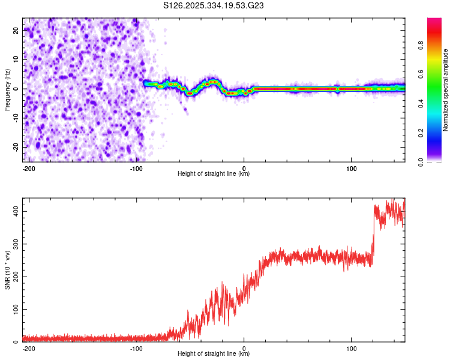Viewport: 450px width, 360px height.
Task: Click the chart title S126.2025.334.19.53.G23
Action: pyautogui.click(x=214, y=5)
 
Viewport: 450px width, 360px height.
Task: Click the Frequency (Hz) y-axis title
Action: pyautogui.click(x=7, y=89)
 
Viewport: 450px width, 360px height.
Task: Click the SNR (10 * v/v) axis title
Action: pyautogui.click(x=7, y=271)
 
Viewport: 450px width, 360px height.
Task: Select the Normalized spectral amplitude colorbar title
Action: pyautogui.click(x=446, y=90)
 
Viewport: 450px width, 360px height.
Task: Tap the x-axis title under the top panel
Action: pyautogui.click(x=214, y=174)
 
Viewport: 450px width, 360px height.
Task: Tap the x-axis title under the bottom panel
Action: pyautogui.click(x=214, y=354)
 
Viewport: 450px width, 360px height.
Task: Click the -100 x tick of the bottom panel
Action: pyautogui.click(x=136, y=348)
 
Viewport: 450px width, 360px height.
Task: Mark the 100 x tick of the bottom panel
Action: pyautogui.click(x=351, y=348)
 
